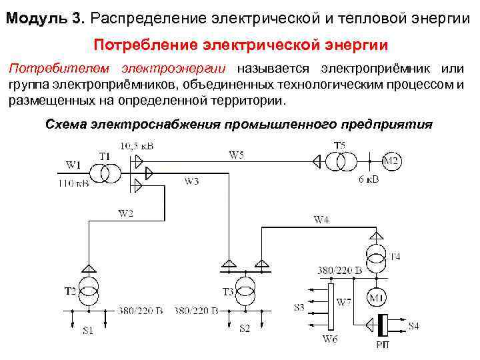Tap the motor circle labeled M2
pos(391,161)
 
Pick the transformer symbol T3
pos(245,291)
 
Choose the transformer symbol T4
pos(377,255)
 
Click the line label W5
pos(236,155)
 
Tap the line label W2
pos(125,213)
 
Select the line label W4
pos(321,219)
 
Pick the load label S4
pos(413,326)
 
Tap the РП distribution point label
pos(382,345)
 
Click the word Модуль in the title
pos(33,18)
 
